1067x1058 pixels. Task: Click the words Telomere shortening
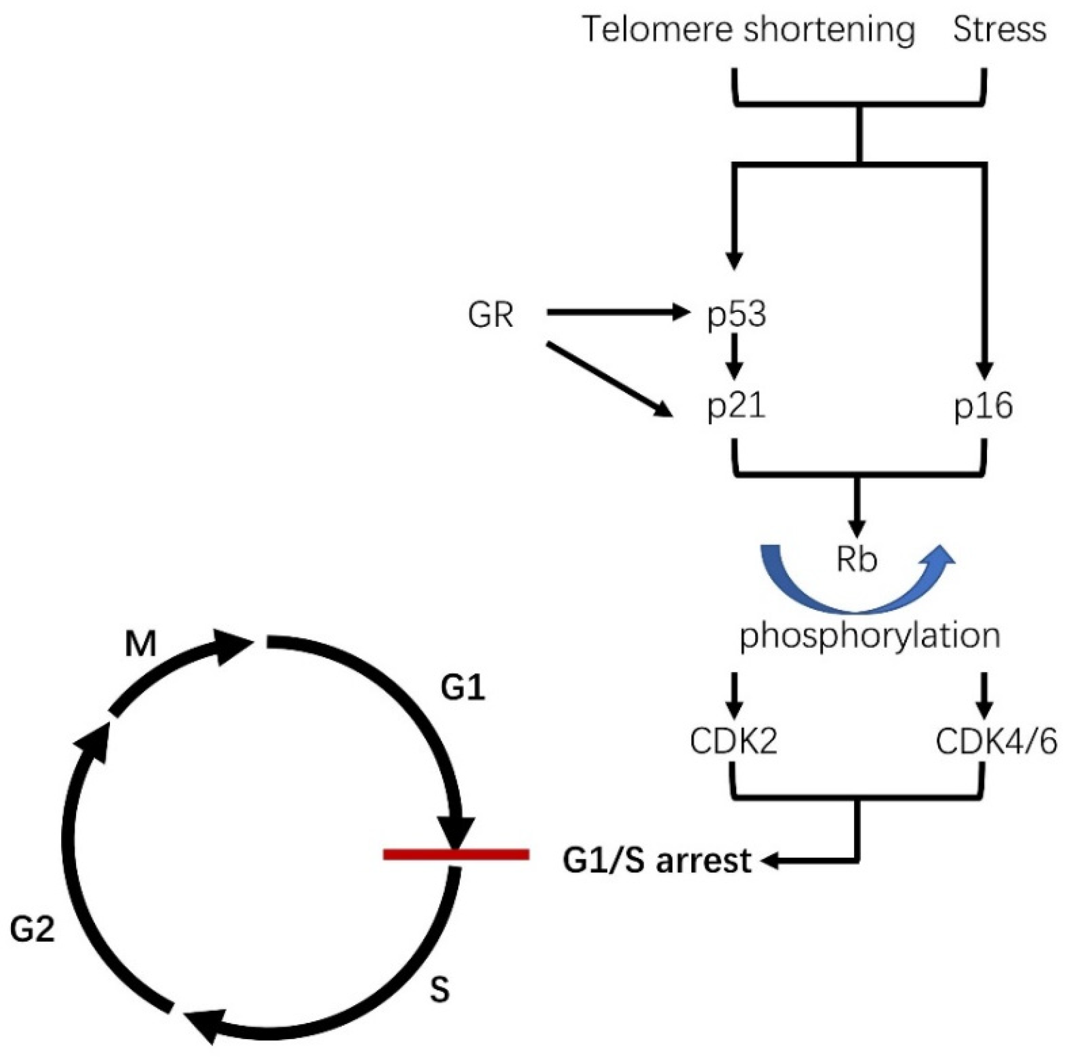(748, 30)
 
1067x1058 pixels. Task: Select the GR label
(490, 315)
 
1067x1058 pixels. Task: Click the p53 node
(736, 315)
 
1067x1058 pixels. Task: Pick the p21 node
(736, 407)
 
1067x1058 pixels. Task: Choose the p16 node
(983, 407)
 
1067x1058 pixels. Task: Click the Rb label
(857, 560)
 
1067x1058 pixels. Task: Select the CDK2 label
(733, 742)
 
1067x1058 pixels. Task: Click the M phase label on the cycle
(140, 644)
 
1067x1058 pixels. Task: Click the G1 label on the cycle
(463, 688)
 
